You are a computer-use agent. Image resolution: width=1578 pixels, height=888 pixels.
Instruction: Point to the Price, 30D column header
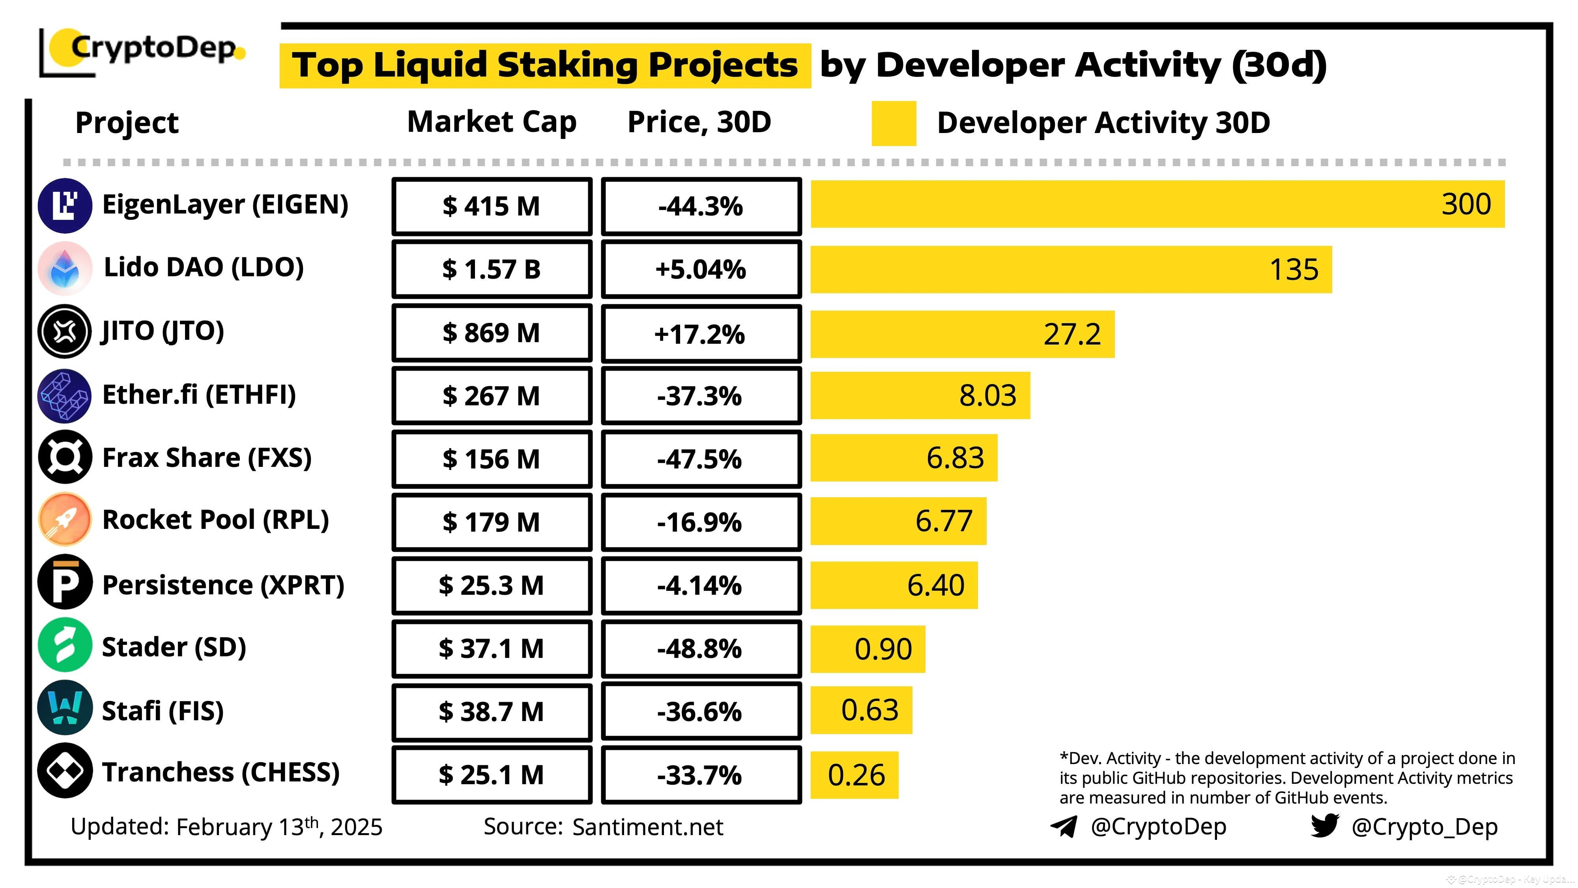[699, 122]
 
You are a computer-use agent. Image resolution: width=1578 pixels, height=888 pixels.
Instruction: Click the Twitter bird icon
[1324, 826]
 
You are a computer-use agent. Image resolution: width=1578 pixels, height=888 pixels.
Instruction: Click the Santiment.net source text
[647, 827]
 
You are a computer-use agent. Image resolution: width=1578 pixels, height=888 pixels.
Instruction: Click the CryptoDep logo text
[153, 48]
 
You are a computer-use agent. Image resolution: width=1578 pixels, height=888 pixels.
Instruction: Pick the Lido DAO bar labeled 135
[1071, 269]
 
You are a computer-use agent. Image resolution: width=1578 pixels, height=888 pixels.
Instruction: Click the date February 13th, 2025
[279, 827]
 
